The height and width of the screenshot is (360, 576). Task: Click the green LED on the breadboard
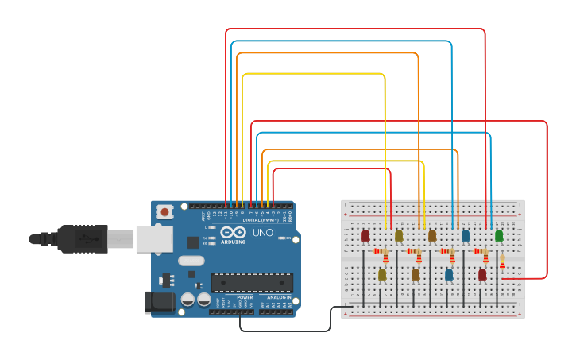(499, 235)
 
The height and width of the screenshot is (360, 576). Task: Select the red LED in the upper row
(365, 235)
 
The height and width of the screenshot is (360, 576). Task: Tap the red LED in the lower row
(482, 274)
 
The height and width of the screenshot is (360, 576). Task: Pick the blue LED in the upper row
(466, 235)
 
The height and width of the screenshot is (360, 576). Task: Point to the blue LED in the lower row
(449, 274)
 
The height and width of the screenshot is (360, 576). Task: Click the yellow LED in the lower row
(382, 274)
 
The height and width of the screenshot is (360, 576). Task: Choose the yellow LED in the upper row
(399, 235)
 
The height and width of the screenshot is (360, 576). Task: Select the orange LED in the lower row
(416, 274)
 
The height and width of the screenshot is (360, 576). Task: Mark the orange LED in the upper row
(432, 235)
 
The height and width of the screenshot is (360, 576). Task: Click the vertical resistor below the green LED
(502, 261)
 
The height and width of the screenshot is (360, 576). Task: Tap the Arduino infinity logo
(234, 231)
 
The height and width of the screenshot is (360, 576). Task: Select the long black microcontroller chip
(252, 282)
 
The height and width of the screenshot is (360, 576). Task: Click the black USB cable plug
(80, 238)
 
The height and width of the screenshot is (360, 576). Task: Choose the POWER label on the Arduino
(245, 297)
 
